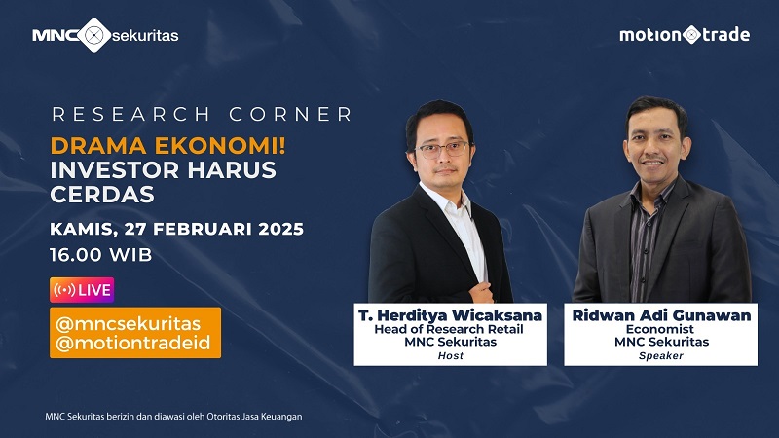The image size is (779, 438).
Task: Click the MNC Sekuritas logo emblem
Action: [x=93, y=36]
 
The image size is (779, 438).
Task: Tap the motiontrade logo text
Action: [x=685, y=35]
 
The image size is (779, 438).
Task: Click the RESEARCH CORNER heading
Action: [x=202, y=115]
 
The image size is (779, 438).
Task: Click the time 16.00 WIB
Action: [x=100, y=256]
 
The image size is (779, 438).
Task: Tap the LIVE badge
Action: [x=82, y=290]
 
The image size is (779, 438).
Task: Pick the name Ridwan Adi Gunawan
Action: [x=661, y=314]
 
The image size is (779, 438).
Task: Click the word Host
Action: [x=451, y=356]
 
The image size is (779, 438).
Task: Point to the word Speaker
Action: [x=661, y=356]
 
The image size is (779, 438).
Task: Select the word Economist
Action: [x=661, y=329]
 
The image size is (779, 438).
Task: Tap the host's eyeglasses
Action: [x=443, y=150]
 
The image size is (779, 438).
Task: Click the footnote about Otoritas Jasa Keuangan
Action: [x=174, y=417]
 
